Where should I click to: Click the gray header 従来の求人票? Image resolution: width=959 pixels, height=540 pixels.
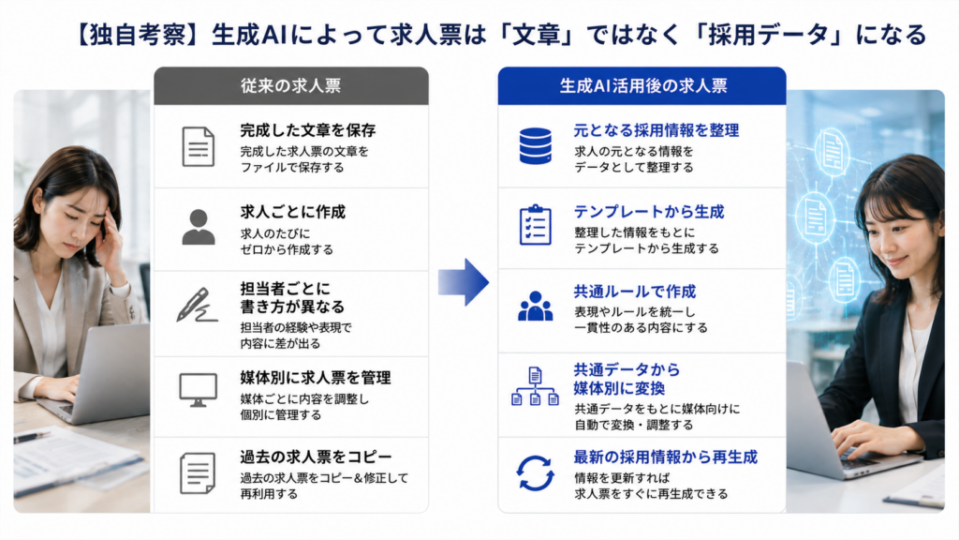coord(290,85)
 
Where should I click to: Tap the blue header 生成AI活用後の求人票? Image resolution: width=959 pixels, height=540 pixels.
coord(642,85)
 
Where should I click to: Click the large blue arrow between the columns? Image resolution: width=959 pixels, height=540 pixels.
coord(464,282)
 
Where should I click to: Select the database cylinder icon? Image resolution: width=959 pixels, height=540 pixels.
coord(535,145)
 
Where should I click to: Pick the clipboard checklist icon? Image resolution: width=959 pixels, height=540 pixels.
coord(535,225)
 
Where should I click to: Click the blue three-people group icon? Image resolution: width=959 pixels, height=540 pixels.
coord(535,307)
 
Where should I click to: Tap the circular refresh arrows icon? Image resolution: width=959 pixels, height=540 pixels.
coord(535,473)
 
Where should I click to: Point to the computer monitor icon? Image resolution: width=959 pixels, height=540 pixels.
coord(198,390)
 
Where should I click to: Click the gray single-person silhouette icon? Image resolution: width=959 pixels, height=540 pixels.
coord(199,227)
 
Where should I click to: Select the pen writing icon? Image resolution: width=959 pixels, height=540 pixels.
coord(197,305)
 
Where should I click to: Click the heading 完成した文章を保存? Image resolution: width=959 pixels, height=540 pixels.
coord(307,130)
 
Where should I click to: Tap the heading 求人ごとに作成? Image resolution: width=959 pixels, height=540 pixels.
coord(293,212)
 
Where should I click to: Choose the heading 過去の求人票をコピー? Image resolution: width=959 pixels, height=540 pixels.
coord(316,457)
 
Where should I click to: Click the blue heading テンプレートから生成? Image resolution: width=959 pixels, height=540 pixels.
coord(649,212)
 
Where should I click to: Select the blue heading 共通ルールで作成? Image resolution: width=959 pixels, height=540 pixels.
coord(635,292)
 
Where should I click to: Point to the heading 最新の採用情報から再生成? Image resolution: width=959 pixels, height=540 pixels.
coord(666,457)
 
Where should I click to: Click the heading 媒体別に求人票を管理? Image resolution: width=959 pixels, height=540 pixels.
coord(316,378)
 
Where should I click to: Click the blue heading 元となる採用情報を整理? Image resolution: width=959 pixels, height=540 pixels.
coord(657,130)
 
